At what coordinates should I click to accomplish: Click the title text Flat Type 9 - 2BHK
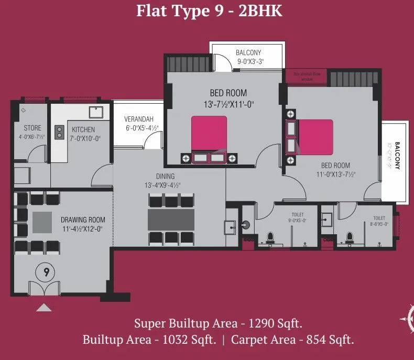tap(209, 11)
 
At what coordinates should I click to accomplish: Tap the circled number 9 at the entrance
tap(47, 272)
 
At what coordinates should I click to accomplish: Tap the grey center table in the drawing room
tap(42, 222)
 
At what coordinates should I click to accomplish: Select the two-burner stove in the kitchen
tap(59, 130)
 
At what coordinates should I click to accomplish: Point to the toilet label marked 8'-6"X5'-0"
tap(379, 221)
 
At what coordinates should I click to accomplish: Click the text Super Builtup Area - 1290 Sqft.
tap(218, 322)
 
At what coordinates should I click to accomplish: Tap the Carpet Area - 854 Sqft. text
tap(292, 340)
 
